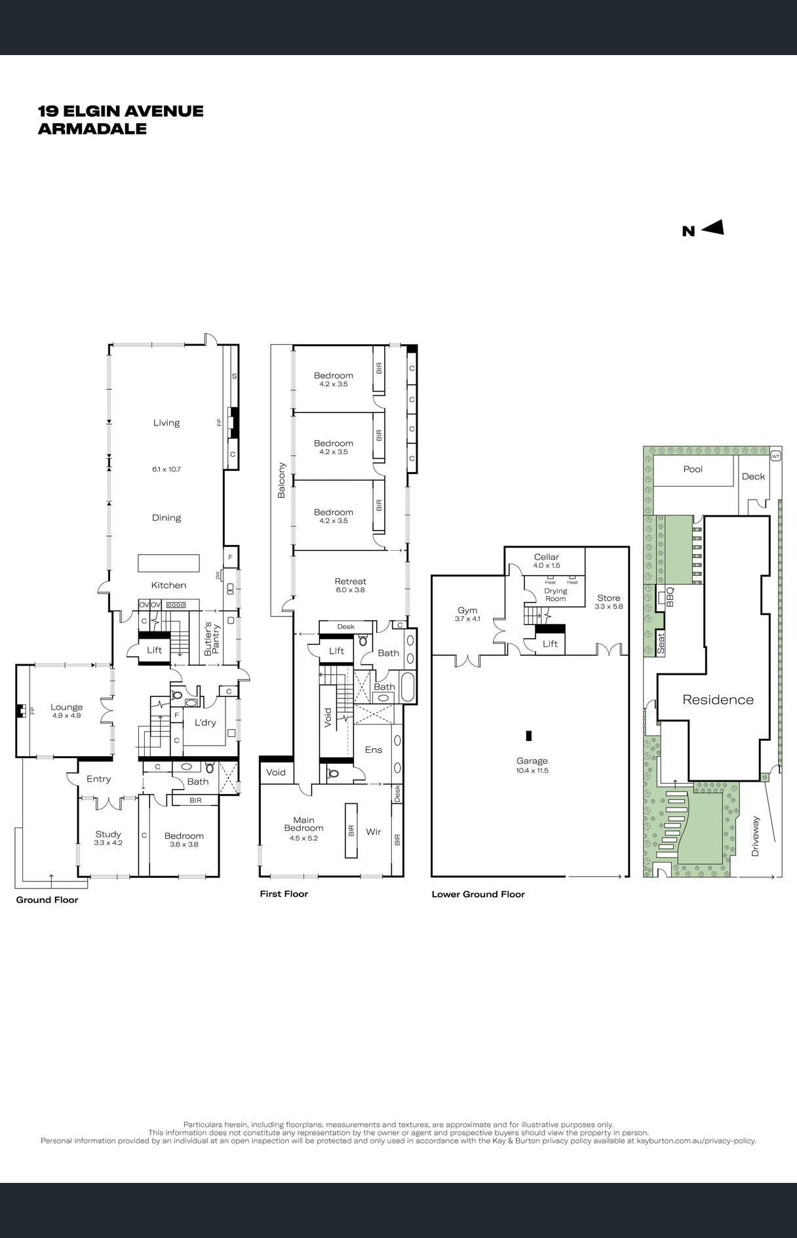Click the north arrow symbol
(x=712, y=228)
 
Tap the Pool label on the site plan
(x=693, y=469)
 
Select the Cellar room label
(x=546, y=557)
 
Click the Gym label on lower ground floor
(x=467, y=610)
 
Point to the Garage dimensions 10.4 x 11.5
(x=532, y=770)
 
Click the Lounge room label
(x=67, y=707)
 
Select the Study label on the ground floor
(x=108, y=834)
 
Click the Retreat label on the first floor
(x=350, y=581)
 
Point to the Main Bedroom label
(x=303, y=824)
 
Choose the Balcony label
(x=281, y=480)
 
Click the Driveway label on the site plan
(x=755, y=836)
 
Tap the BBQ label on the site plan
(x=670, y=596)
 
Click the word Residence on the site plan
(x=718, y=700)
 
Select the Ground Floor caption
(x=47, y=900)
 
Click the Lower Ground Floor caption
(x=478, y=894)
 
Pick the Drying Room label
(x=556, y=595)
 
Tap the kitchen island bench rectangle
(x=168, y=563)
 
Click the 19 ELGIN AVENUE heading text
(x=121, y=111)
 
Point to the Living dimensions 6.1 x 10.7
(x=166, y=469)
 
